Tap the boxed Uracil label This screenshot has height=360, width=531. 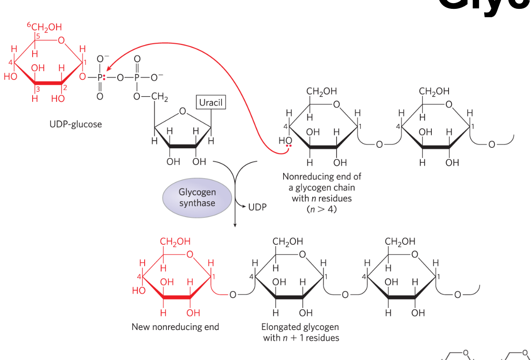click(x=211, y=103)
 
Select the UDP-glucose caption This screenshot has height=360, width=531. click(x=75, y=124)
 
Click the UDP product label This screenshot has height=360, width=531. click(x=257, y=206)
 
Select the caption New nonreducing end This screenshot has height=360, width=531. click(x=175, y=327)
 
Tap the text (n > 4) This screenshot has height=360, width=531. click(x=322, y=209)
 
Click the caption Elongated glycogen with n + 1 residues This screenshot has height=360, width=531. click(x=301, y=333)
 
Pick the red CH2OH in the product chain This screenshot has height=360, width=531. click(x=175, y=242)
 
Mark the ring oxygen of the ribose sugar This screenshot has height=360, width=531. click(x=183, y=112)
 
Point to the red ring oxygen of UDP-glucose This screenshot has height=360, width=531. click(x=61, y=41)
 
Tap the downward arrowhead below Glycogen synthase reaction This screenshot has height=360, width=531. click(x=235, y=225)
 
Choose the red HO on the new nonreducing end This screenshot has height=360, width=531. click(x=138, y=291)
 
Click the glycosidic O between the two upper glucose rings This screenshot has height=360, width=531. click(x=379, y=145)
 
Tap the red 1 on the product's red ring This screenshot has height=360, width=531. click(x=213, y=277)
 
